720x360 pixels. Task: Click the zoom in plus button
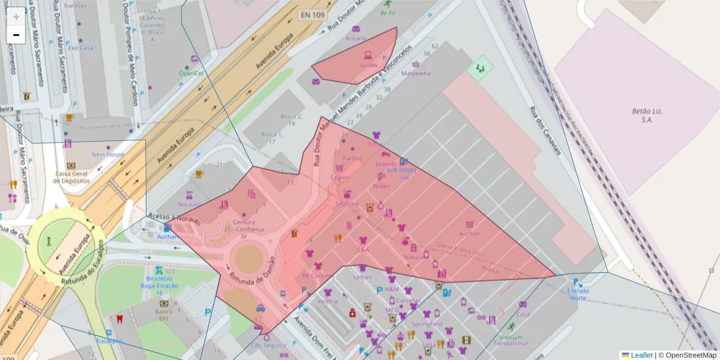pos(16,17)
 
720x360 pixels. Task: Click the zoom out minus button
pos(16,35)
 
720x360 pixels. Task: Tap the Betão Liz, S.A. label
pos(647,115)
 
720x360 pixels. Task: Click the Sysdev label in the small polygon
pos(368,64)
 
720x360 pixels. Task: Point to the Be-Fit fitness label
pos(388,12)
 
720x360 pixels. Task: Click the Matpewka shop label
pos(416,74)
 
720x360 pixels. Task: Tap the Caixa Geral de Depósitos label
pos(71,177)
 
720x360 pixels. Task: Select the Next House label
pos(108,154)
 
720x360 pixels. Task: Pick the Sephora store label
pos(347,203)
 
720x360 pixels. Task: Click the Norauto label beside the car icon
pos(189,204)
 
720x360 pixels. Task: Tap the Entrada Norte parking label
pos(578,294)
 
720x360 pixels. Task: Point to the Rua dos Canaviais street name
pos(544,131)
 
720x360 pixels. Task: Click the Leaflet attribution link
pos(641,355)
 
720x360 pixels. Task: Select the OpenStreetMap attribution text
pos(687,355)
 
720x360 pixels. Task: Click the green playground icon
pos(479,68)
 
